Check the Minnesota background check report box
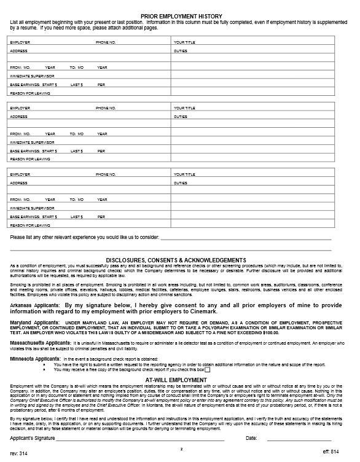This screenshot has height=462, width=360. coord(207,370)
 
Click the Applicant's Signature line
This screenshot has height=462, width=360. coord(140,439)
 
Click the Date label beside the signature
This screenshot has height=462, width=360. coord(251,439)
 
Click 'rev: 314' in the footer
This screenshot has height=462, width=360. coord(18,453)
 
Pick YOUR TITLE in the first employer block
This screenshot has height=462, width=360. coord(184,42)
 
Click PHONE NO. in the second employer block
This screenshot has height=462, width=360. coord(106,108)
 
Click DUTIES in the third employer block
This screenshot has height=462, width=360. coord(180,183)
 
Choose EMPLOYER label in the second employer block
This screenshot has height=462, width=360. coord(20,108)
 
